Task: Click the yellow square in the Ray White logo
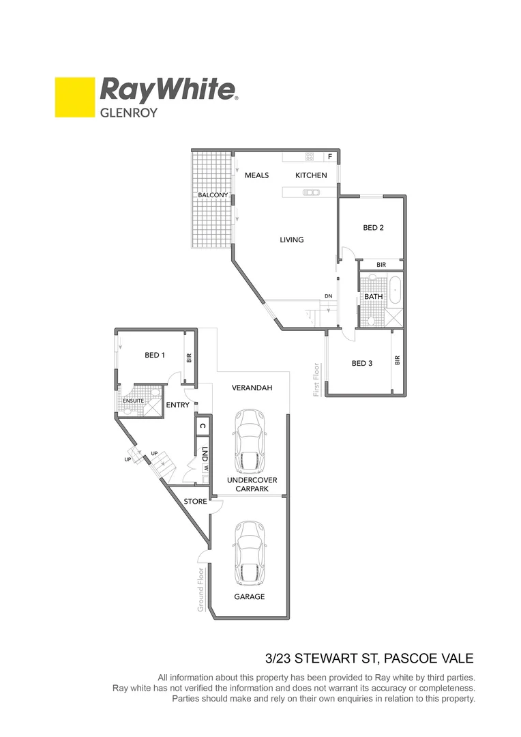tap(75, 97)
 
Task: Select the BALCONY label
tap(213, 195)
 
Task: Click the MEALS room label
tap(256, 175)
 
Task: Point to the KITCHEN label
tap(311, 175)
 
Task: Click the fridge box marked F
tap(330, 157)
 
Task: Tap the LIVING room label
tap(291, 240)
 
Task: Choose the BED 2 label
tap(373, 228)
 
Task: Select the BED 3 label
tap(361, 364)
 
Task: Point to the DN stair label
tap(328, 296)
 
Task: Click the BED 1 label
tap(154, 355)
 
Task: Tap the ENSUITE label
tap(133, 401)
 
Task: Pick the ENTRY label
tap(178, 405)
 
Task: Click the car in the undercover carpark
tap(249, 442)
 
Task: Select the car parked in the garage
tap(249, 553)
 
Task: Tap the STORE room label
tap(195, 502)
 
